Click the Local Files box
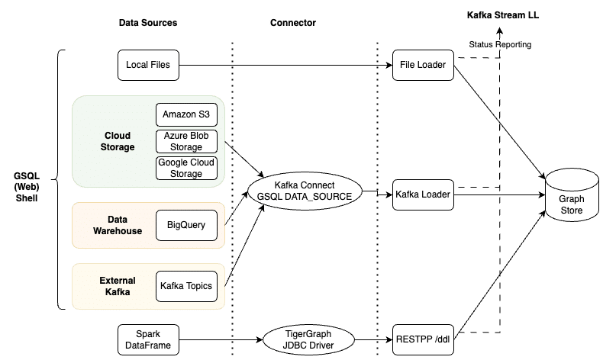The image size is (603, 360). tap(148, 65)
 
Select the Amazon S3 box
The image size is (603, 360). tap(186, 115)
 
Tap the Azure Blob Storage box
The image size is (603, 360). tap(186, 141)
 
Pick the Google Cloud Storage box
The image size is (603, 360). tap(186, 168)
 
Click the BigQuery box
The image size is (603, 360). tap(186, 225)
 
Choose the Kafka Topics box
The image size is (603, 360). tap(186, 286)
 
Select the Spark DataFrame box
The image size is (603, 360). tap(148, 339)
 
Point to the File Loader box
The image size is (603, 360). tap(422, 65)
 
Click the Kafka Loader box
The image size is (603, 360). tap(422, 194)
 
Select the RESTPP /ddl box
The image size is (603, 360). tap(422, 339)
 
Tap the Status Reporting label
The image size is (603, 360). tap(500, 45)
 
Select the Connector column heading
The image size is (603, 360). tap(292, 23)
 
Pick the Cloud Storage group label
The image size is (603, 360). tap(119, 141)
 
